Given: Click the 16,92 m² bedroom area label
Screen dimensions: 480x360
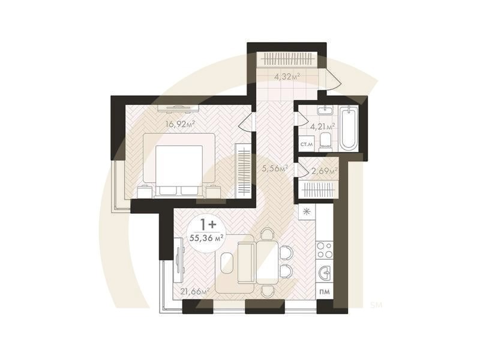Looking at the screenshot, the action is (181, 124).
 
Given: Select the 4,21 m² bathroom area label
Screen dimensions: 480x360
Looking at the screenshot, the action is (323, 126).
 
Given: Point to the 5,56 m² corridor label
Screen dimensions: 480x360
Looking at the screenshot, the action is (275, 168).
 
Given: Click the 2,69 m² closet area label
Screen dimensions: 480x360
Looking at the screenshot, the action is (325, 170).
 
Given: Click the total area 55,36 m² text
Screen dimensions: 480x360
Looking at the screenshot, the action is (206, 238).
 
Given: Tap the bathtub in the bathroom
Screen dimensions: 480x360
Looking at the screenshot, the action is (349, 128).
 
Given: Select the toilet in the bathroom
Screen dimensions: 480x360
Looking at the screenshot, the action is (325, 142).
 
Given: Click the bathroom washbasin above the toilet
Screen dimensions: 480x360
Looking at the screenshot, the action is (325, 110).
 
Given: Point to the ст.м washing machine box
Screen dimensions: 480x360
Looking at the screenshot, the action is (307, 145).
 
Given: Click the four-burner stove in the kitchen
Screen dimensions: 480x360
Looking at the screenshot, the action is (325, 250).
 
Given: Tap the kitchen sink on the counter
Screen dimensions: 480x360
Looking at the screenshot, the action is (325, 272).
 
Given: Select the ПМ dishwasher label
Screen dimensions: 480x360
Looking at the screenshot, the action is (325, 292).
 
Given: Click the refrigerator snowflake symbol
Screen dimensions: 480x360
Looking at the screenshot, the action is (307, 212).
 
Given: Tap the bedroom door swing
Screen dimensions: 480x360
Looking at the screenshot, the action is (247, 122).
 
